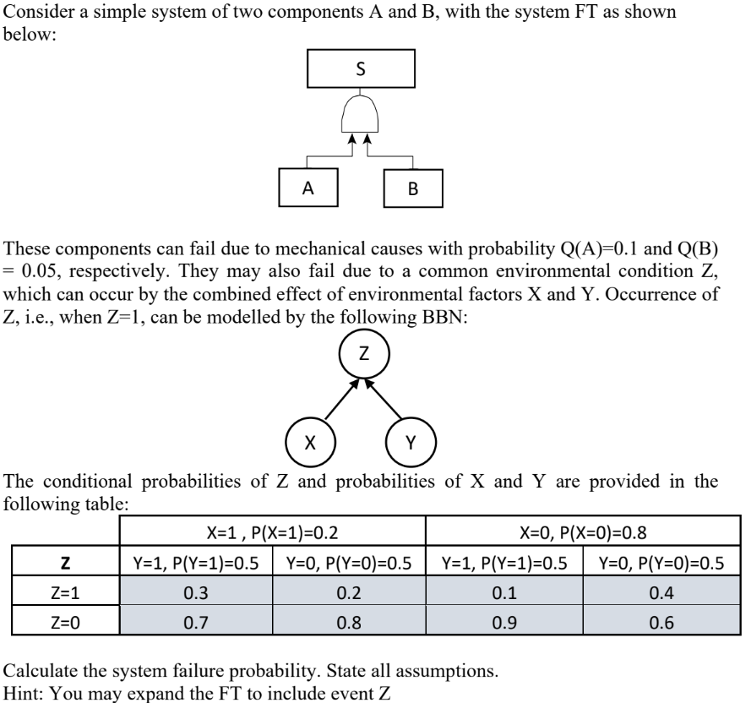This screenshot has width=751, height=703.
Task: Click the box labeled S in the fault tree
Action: pyautogui.click(x=362, y=70)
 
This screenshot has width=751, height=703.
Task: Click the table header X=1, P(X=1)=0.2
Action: pyautogui.click(x=273, y=532)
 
